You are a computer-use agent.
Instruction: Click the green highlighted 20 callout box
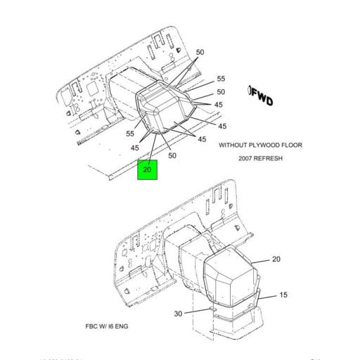(147, 169)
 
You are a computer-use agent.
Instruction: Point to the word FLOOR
(292, 145)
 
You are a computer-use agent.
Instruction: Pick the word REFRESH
(269, 158)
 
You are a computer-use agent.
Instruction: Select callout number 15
(283, 295)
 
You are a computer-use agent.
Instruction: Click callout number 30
(179, 314)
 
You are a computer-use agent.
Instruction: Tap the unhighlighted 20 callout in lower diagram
(276, 259)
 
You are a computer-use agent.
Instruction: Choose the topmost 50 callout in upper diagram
(200, 53)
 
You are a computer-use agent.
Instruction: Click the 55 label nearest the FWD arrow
(221, 79)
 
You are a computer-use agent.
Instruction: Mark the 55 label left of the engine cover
(130, 134)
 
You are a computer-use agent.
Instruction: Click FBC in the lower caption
(92, 327)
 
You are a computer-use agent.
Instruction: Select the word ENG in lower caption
(122, 327)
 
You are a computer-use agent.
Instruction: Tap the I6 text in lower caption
(112, 327)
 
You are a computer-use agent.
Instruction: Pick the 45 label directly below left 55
(135, 148)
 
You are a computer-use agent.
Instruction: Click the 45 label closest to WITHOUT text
(202, 139)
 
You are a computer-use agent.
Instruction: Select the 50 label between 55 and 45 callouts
(221, 92)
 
